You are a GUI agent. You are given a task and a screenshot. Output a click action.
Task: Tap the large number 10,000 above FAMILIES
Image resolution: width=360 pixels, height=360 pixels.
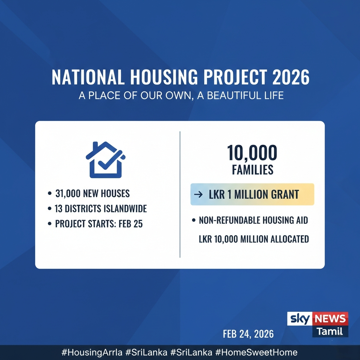tap(252, 153)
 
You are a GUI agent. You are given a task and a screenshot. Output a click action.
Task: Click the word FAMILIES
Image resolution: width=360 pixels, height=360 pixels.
tap(252, 170)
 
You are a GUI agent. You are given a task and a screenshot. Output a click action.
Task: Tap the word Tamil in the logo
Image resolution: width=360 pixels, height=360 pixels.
tap(329, 331)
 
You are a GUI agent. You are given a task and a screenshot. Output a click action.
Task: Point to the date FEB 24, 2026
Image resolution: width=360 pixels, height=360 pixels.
tap(248, 334)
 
